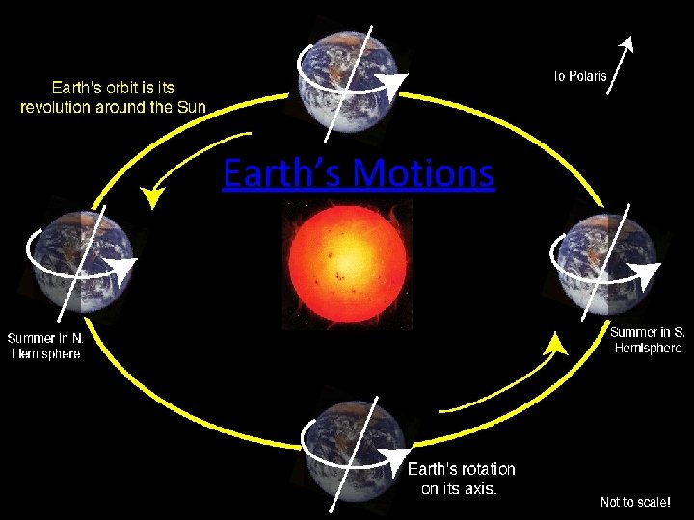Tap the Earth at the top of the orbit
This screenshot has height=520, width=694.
(x=346, y=78)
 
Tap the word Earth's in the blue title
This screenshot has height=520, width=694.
(x=281, y=174)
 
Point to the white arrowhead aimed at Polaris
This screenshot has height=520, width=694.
(x=628, y=41)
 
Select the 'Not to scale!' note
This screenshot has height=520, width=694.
(x=634, y=502)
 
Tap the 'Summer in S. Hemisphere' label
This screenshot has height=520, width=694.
(x=648, y=340)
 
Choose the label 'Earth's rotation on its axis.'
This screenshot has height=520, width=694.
(x=461, y=479)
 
